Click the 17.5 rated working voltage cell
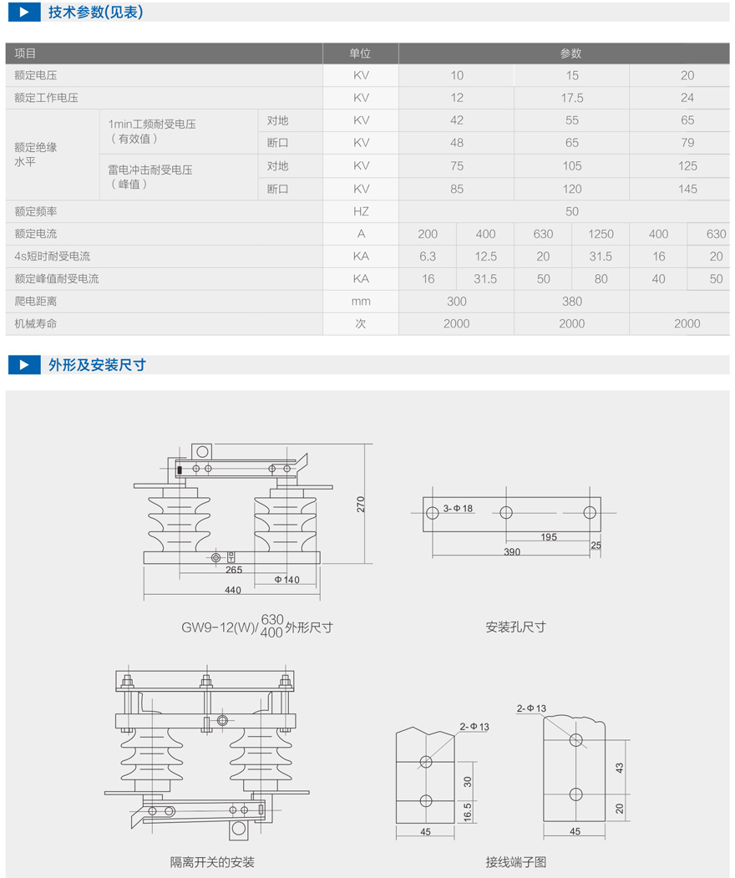[572, 98]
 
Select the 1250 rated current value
[601, 234]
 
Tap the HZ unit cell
[361, 211]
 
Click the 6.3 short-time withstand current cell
[427, 256]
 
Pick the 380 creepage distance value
[572, 301]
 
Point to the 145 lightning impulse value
[687, 189]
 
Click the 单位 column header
[360, 53]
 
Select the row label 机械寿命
[36, 323]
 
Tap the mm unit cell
[361, 301]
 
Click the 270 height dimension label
[361, 505]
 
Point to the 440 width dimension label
[232, 591]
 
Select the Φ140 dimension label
[286, 579]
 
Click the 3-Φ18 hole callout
[458, 508]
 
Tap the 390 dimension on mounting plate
[512, 552]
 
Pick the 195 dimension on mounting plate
[548, 537]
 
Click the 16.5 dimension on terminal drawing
[468, 811]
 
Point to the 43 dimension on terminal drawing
[618, 766]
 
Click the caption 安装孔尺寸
[515, 627]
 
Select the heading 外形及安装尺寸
[97, 365]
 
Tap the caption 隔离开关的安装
[212, 861]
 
